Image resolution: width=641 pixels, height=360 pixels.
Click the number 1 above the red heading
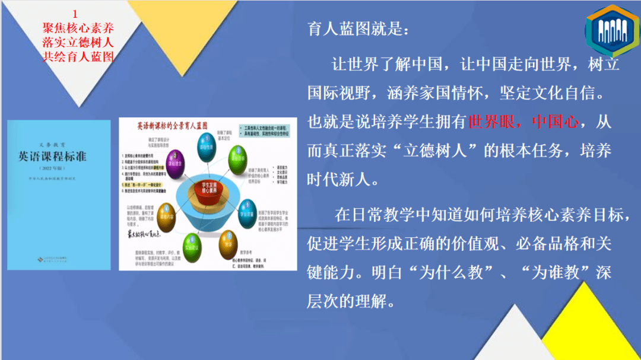[75, 13]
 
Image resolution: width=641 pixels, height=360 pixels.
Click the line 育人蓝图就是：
[358, 30]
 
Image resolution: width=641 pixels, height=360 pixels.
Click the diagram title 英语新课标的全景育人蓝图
[172, 127]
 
